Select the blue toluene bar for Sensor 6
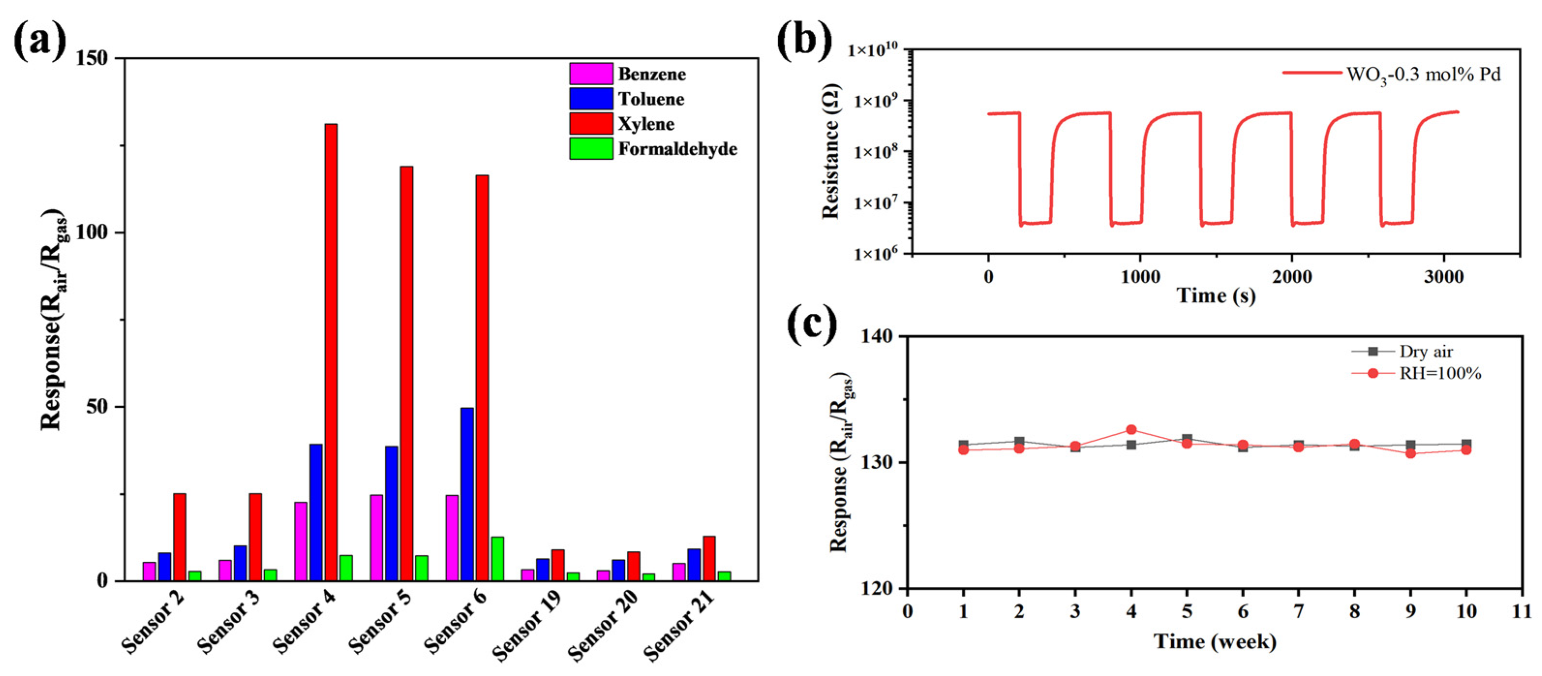click(x=467, y=494)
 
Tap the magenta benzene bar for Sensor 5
click(x=376, y=537)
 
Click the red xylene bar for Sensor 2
click(x=180, y=537)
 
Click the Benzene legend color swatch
click(x=591, y=74)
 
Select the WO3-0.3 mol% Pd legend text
click(x=1423, y=76)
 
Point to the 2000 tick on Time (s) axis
click(x=1291, y=277)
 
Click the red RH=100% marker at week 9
click(x=1411, y=453)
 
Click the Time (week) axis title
click(x=1215, y=642)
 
